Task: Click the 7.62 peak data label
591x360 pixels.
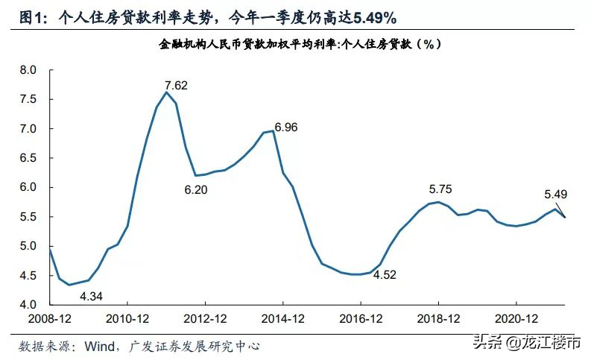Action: (x=176, y=85)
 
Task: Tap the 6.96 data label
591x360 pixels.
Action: (x=286, y=127)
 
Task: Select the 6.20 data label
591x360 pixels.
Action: (x=196, y=189)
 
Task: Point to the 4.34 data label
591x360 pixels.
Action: (x=91, y=296)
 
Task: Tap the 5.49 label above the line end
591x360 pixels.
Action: (x=556, y=195)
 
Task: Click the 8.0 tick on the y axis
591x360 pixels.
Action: (x=28, y=70)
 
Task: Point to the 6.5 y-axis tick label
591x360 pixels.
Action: (x=28, y=158)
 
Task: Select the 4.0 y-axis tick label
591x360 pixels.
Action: (x=28, y=305)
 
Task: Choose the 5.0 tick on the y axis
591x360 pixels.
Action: (x=28, y=247)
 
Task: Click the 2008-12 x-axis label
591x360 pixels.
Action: (x=49, y=318)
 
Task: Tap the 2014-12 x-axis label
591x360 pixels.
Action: (x=283, y=318)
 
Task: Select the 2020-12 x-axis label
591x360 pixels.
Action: (x=517, y=318)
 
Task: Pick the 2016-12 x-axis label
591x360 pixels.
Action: (x=361, y=318)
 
